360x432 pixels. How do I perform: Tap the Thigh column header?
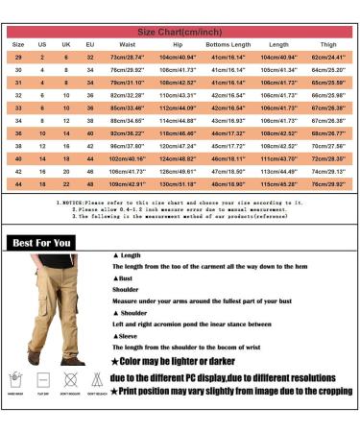pos(327,45)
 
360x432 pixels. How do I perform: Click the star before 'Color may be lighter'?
pos(117,361)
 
